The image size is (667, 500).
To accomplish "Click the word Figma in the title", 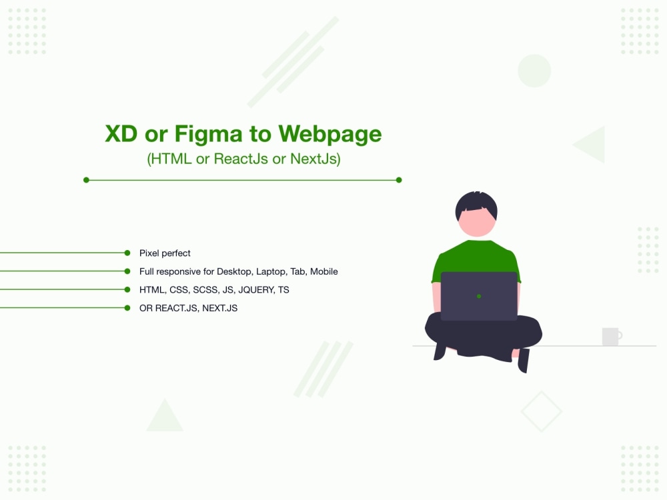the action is pos(208,135).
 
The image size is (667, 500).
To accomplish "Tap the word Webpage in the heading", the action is pos(330,135).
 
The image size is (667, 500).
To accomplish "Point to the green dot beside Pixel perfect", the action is pos(127,253).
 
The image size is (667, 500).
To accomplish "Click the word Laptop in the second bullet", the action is pos(271,272).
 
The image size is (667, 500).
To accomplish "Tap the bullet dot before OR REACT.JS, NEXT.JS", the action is pos(127,308).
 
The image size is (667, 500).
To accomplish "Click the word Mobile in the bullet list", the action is pos(323,271).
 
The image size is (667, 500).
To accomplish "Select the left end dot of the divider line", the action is pos(86,180).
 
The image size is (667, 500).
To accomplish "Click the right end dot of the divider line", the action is pos(399,180).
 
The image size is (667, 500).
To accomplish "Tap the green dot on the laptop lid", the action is pos(479,297).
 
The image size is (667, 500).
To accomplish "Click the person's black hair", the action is pos(476,203).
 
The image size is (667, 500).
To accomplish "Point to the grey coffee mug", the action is pos(612,336).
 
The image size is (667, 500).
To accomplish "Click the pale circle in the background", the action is pos(534,71).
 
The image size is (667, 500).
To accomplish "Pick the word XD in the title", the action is pos(121,134).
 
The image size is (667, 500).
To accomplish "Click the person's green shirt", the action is pos(476,257).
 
